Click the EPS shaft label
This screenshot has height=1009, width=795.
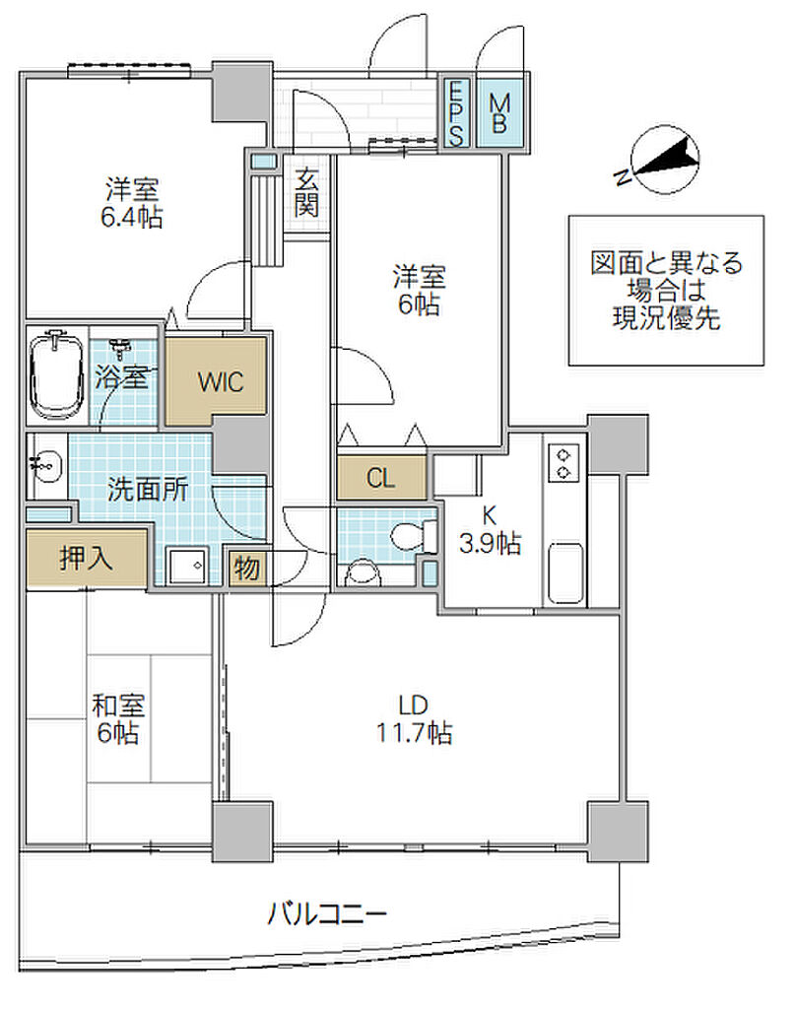point(456,113)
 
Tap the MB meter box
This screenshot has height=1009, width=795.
point(499,112)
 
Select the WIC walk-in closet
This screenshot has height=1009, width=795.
point(216,381)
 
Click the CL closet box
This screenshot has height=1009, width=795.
point(381,478)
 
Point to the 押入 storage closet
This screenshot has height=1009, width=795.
point(86,558)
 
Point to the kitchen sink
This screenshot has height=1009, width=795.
point(566,573)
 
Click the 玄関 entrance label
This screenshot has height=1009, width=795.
point(306,192)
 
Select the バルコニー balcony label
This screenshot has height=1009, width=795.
point(327,913)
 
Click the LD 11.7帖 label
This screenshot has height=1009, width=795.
point(414,718)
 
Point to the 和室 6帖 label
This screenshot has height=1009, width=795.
point(118,718)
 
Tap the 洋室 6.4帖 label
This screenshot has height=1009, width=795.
point(132,203)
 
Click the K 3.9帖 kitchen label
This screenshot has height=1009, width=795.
point(490,529)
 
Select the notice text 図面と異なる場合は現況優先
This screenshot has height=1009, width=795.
point(666,291)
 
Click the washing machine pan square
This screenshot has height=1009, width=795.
point(186,567)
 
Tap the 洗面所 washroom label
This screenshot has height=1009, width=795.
point(148,490)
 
